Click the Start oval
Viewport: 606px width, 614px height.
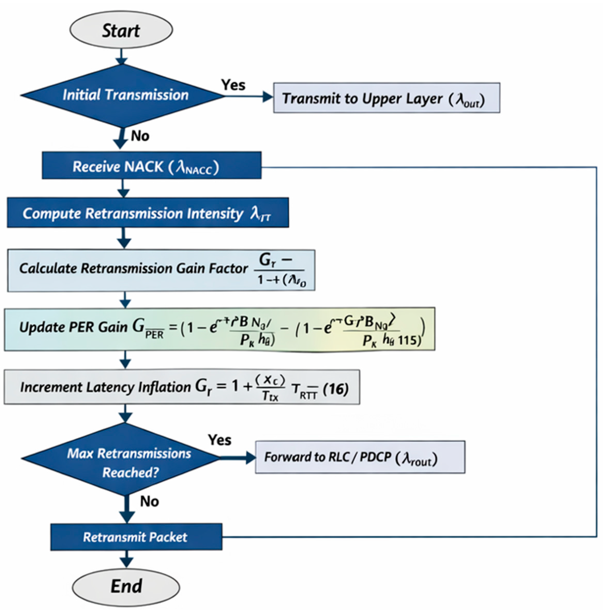121,30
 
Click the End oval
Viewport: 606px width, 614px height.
126,586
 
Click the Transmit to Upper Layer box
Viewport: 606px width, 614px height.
387,98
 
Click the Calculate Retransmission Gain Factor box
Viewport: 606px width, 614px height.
161,270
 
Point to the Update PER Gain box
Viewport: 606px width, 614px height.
219,329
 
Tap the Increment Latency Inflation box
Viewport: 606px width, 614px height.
182,387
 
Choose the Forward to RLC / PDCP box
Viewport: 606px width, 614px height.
360,457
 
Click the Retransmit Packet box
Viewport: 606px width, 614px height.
136,537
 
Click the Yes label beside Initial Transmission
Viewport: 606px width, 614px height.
233,85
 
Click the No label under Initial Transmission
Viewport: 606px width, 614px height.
140,136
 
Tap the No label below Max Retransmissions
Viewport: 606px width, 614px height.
149,501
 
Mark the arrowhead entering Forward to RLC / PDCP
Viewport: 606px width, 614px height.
251,458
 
